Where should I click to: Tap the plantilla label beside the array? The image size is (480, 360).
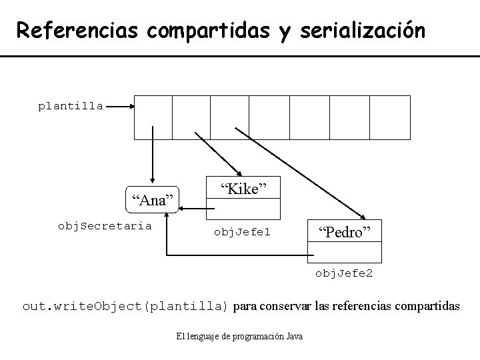click(70, 105)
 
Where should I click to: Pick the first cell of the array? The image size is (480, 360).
click(153, 117)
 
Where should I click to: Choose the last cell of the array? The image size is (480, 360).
click(389, 117)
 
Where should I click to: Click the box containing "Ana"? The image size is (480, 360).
click(153, 199)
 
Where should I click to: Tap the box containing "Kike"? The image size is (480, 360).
click(243, 189)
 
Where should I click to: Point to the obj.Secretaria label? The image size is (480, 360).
click(105, 225)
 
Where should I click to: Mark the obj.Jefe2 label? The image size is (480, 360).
click(344, 273)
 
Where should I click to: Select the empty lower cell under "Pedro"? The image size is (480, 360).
click(344, 252)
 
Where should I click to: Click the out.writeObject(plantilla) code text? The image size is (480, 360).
click(125, 307)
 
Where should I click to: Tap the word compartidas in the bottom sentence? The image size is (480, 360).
click(423, 307)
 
